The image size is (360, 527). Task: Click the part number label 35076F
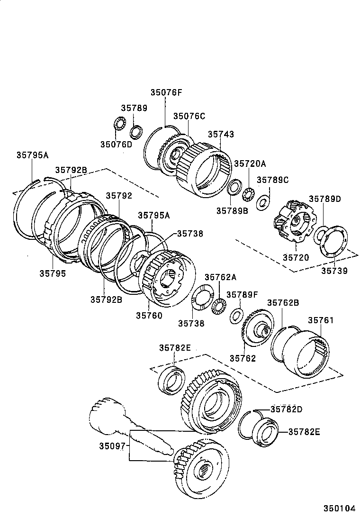click(x=166, y=92)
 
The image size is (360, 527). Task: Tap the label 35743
click(x=221, y=134)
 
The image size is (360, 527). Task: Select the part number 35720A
click(x=250, y=164)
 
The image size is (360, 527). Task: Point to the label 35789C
click(x=272, y=180)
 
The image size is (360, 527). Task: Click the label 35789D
click(x=325, y=199)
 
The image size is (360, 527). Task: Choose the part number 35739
click(x=334, y=271)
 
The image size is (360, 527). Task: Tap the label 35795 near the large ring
click(x=53, y=273)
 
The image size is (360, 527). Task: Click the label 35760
click(x=149, y=315)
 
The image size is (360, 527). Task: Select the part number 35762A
click(x=220, y=277)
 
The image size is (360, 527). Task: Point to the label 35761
click(x=321, y=320)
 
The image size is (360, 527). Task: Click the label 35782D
click(x=287, y=409)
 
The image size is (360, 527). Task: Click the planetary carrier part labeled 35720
click(x=293, y=221)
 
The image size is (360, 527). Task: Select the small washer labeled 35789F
click(x=236, y=316)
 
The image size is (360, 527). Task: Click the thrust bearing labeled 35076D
click(x=118, y=127)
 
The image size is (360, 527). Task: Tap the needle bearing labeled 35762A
click(x=219, y=305)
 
